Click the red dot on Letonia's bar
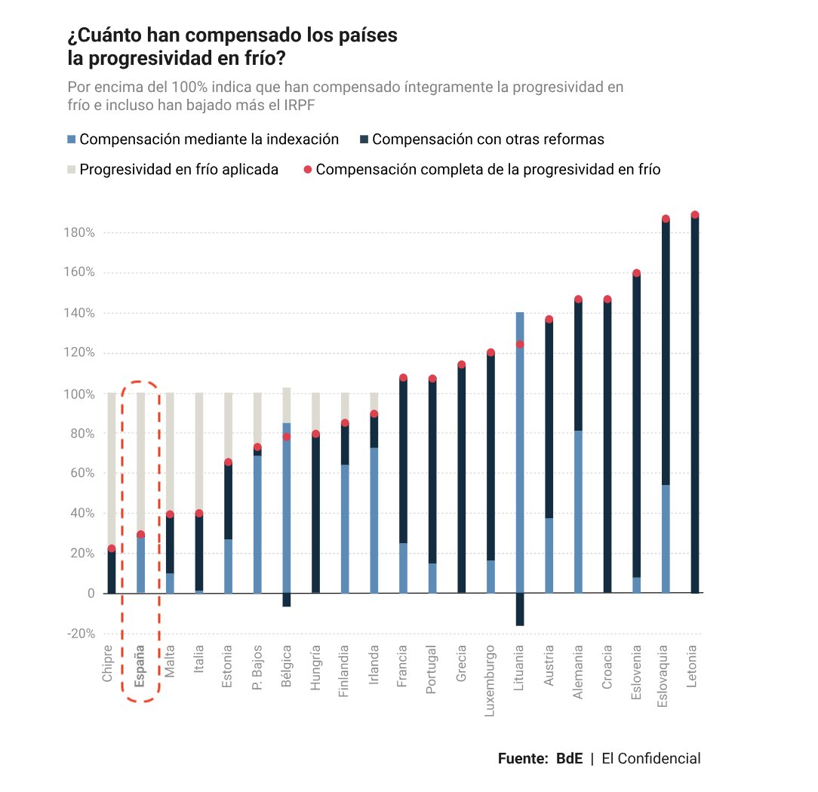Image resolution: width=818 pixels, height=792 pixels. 694,215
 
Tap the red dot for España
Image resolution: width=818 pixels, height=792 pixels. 140,535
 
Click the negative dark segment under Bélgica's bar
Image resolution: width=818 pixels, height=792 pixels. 287,600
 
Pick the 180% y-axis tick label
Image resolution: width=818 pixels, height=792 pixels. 79,233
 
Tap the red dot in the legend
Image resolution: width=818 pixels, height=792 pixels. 308,170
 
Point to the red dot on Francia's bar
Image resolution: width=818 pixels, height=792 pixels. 403,378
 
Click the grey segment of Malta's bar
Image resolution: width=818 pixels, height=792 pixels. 170,453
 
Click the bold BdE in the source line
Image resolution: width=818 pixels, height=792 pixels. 569,759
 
